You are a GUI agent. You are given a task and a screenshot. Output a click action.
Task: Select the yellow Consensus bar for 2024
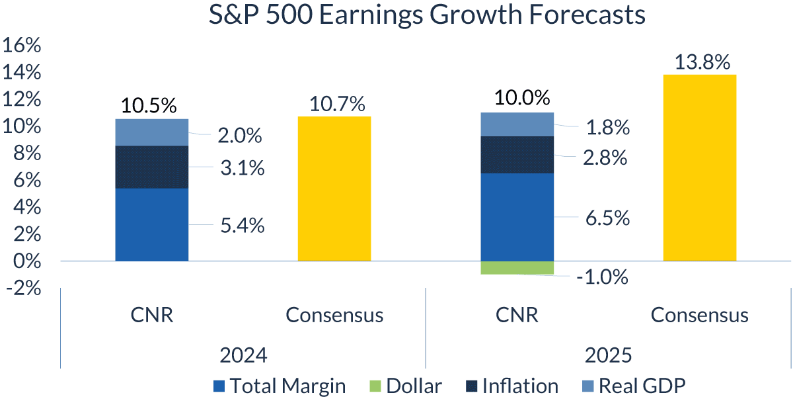tap(334, 189)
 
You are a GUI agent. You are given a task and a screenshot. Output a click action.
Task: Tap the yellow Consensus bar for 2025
tap(699, 168)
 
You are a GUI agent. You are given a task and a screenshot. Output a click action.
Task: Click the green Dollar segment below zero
tap(517, 267)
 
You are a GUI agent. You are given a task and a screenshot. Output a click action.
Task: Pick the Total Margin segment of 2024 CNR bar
tap(152, 224)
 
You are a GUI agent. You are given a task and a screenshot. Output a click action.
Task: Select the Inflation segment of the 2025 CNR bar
tap(517, 155)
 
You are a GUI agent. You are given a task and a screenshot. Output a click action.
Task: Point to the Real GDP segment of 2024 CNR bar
tap(152, 132)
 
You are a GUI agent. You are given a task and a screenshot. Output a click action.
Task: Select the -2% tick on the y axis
tap(24, 288)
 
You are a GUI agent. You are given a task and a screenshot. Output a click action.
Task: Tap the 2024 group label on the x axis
tap(243, 355)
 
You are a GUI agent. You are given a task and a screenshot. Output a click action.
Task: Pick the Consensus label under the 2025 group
tap(700, 315)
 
